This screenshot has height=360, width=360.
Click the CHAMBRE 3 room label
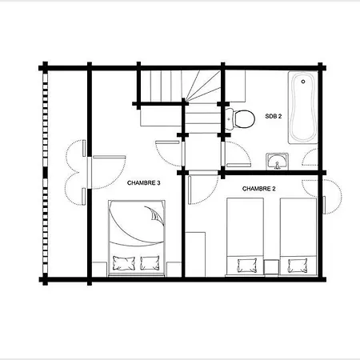coord(144,183)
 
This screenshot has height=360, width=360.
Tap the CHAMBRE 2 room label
coord(258,189)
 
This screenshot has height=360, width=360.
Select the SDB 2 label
coord(274,116)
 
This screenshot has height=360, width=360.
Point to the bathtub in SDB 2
coord(303,107)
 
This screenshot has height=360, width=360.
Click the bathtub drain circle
coord(303,82)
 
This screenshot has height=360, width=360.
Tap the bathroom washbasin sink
coord(277,162)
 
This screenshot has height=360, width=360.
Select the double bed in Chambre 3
coord(137,238)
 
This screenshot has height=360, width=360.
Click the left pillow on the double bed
coord(124,263)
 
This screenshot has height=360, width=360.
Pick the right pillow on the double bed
coord(150,263)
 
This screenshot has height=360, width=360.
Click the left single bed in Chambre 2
coord(245,237)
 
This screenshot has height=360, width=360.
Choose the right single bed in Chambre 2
coord(298,237)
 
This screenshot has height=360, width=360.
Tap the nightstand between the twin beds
coord(271,267)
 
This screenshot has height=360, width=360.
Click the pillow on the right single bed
coord(298,266)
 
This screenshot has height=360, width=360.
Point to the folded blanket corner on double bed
coord(155,214)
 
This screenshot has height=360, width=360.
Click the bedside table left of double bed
coord(99,270)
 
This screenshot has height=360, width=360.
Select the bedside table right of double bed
coord(174,270)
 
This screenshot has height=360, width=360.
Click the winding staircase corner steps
coord(203,86)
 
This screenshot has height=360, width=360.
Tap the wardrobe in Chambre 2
coord(195,254)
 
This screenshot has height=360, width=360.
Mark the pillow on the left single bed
coord(247,266)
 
